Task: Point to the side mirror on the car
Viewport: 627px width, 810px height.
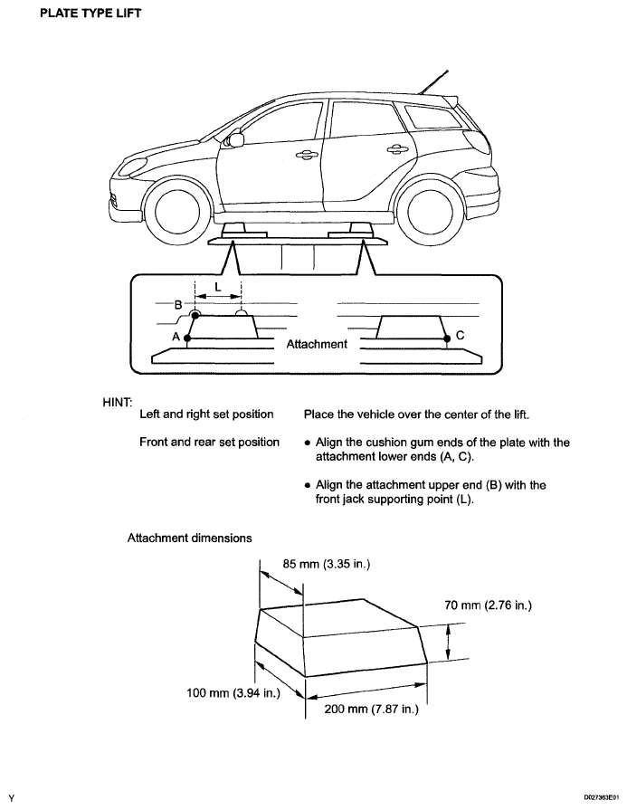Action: [x=237, y=139]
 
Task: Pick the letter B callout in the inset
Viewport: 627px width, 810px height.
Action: [x=179, y=304]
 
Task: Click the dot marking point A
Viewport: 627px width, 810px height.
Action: [x=186, y=336]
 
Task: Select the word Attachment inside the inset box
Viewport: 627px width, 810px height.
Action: [x=317, y=344]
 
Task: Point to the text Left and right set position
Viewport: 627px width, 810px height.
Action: [x=206, y=415]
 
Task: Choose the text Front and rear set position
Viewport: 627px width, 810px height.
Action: [x=209, y=443]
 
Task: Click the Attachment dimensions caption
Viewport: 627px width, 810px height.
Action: [x=189, y=538]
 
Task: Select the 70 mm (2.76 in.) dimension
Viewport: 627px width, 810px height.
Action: [x=487, y=605]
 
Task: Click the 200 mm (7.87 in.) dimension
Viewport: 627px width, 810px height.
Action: [x=371, y=710]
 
